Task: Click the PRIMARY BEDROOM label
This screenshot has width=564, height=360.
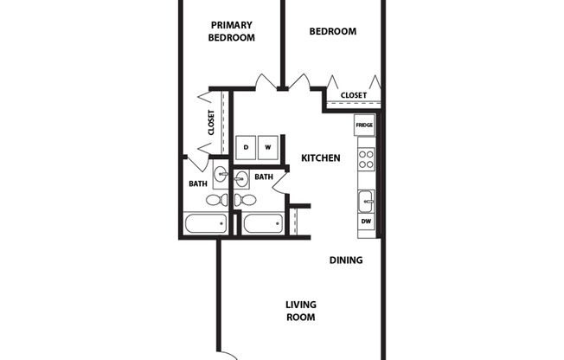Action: (232, 31)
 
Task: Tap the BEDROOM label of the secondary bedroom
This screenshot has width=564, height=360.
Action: (333, 31)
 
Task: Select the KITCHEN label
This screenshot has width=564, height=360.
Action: (320, 158)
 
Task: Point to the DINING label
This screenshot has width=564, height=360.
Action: (345, 260)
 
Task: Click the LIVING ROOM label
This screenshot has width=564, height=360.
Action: (301, 311)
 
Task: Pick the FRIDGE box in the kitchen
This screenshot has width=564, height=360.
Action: (365, 126)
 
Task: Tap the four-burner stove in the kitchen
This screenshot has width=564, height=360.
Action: (366, 159)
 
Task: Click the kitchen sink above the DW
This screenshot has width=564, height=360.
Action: (366, 202)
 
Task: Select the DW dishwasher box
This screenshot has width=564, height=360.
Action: (366, 222)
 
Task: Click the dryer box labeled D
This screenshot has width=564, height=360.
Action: (246, 147)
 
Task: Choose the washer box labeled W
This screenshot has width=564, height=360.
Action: (268, 147)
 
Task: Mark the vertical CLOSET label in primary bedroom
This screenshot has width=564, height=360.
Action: (211, 122)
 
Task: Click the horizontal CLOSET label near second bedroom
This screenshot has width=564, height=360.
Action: (353, 95)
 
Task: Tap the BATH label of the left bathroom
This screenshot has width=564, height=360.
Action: (198, 183)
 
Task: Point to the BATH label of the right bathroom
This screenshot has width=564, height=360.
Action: (264, 177)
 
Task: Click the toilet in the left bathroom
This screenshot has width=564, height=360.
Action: (216, 200)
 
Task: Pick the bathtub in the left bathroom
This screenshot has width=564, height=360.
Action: (205, 224)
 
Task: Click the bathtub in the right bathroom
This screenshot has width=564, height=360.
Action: (264, 224)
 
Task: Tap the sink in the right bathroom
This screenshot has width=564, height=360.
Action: (241, 179)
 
